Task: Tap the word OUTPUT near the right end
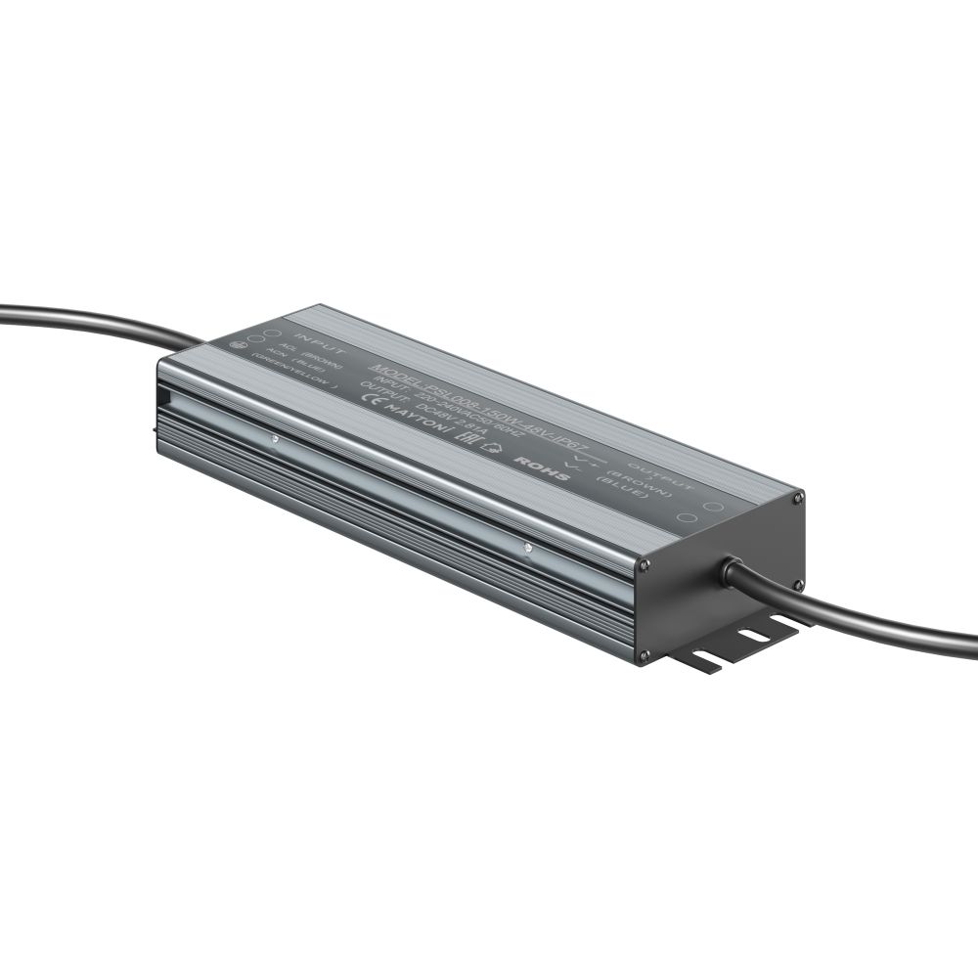click(661, 473)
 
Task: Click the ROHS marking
click(535, 463)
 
